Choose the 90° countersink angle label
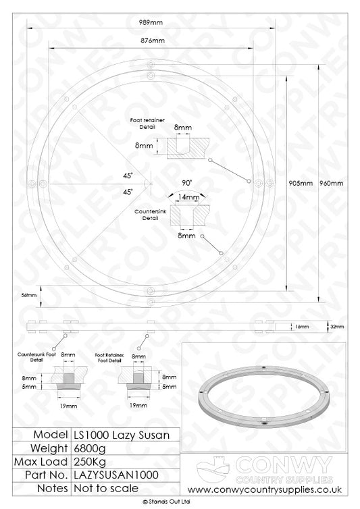[187, 183]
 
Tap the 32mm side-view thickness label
[337, 327]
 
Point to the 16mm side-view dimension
[303, 327]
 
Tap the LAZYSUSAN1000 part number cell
[105, 476]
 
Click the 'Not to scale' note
[99, 489]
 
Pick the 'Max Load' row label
[45, 462]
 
